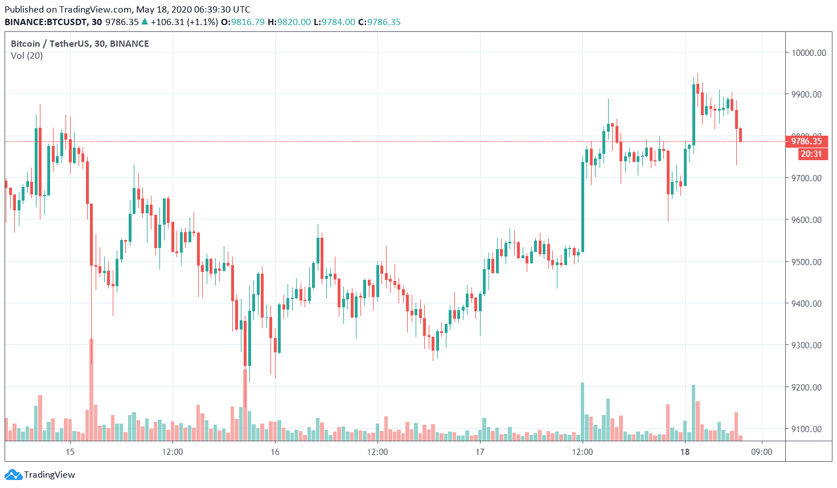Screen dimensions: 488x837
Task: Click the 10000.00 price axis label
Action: (808, 53)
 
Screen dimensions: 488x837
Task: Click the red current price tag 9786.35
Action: (806, 141)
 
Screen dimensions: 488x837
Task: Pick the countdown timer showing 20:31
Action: (811, 154)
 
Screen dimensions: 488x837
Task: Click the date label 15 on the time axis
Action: (70, 452)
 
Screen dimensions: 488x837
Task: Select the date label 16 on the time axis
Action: (275, 452)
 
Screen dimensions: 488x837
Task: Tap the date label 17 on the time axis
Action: (480, 452)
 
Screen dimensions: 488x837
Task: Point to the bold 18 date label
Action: (685, 452)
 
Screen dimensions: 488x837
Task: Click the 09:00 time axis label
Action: (762, 452)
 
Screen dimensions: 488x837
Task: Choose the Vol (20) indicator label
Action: (27, 56)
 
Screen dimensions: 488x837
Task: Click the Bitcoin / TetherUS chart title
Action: (80, 44)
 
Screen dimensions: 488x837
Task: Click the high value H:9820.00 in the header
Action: (289, 22)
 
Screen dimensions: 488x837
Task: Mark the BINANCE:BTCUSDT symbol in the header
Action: (46, 22)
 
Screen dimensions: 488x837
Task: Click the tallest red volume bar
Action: (91, 390)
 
